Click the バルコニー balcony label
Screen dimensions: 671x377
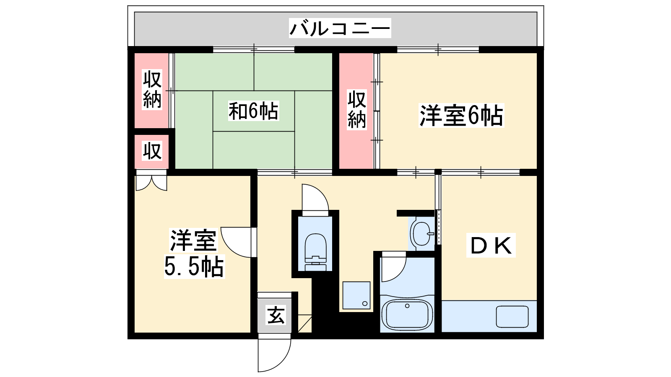(x=340, y=28)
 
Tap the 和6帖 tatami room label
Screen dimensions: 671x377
(x=253, y=111)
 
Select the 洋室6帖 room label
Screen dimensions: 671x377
(x=461, y=116)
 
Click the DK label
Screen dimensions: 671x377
(x=491, y=245)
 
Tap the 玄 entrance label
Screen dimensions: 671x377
(x=276, y=315)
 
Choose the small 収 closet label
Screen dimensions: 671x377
(x=152, y=151)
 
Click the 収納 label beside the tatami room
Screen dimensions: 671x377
(x=152, y=90)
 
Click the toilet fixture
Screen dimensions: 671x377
(x=315, y=252)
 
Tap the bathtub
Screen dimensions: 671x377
(x=407, y=314)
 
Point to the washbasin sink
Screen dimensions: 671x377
(x=422, y=234)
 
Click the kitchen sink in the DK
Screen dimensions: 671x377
(x=512, y=316)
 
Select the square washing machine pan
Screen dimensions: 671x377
(x=356, y=295)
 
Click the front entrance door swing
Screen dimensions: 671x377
(x=274, y=355)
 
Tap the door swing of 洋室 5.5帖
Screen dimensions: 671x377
(x=239, y=242)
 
